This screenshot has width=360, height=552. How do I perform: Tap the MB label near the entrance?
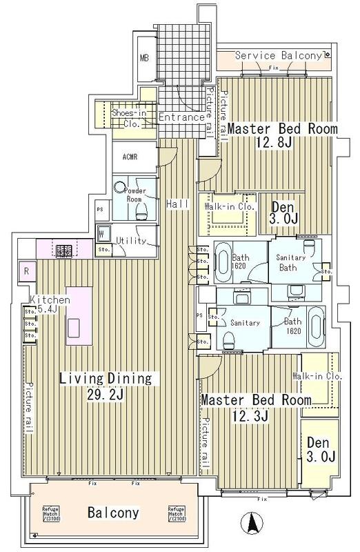(146, 58)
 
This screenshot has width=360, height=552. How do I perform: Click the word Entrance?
(181, 117)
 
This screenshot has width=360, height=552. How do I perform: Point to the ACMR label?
(130, 157)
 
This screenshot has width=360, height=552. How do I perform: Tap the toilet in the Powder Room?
(141, 210)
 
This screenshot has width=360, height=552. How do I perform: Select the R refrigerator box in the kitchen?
(26, 270)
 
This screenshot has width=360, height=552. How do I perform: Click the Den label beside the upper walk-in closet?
(283, 206)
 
